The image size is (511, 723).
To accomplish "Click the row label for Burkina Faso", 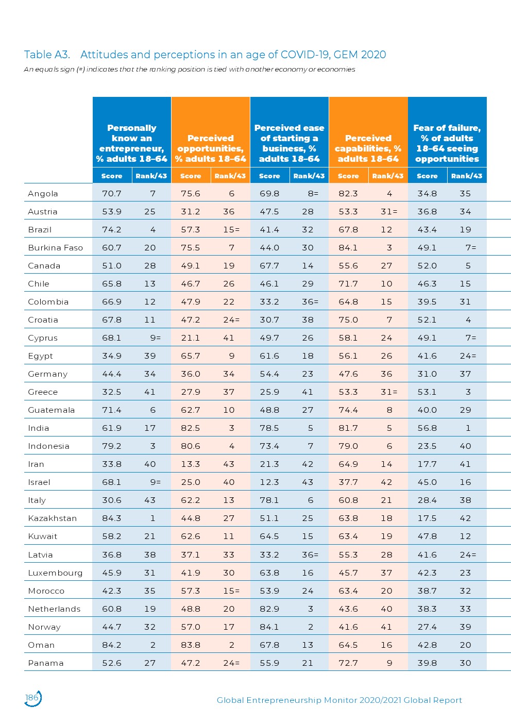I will [x=56, y=248].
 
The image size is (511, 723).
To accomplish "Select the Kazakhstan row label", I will [x=53, y=518].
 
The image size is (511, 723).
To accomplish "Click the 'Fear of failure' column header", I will [x=447, y=143].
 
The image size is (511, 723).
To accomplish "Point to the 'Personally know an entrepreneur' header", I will [x=132, y=143].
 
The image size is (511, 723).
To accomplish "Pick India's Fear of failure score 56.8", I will [x=427, y=428].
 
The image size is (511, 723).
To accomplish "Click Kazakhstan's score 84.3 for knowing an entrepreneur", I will [x=112, y=518].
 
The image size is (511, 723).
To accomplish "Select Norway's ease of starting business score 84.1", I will [x=269, y=627].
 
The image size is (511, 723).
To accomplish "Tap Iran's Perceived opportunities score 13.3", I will [x=191, y=464].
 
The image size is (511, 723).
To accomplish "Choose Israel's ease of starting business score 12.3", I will [x=269, y=482].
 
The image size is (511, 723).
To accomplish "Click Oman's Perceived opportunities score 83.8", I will [x=191, y=645].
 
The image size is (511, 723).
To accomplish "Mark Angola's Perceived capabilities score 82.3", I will [x=348, y=194].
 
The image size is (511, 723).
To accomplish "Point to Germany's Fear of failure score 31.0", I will [x=427, y=374].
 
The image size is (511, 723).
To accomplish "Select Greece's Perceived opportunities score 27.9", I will [x=191, y=392].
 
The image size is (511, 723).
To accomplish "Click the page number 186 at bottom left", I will [x=32, y=698].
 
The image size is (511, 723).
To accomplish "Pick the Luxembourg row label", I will [x=55, y=573].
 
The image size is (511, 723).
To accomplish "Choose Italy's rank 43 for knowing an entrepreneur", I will [x=150, y=500].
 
